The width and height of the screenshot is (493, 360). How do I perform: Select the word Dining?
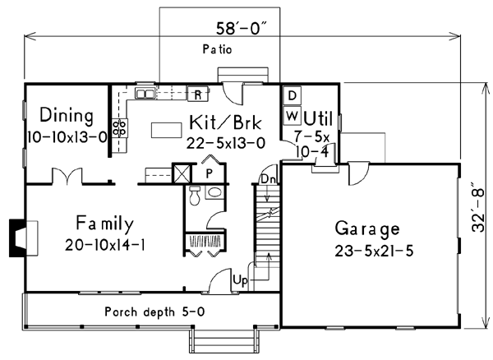click(x=66, y=115)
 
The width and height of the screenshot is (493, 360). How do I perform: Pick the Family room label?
click(x=104, y=223)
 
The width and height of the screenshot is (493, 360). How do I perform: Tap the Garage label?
click(x=367, y=228)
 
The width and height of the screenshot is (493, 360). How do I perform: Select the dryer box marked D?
click(x=291, y=95)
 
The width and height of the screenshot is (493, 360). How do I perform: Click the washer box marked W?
click(x=291, y=115)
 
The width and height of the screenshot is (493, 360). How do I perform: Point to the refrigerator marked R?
click(x=198, y=94)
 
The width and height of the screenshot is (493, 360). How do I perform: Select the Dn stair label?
click(x=266, y=178)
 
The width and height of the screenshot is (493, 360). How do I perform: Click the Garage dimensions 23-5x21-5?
click(x=368, y=250)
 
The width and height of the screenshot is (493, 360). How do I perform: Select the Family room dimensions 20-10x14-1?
click(x=104, y=245)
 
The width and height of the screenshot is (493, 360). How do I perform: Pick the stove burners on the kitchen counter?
click(x=119, y=127)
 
